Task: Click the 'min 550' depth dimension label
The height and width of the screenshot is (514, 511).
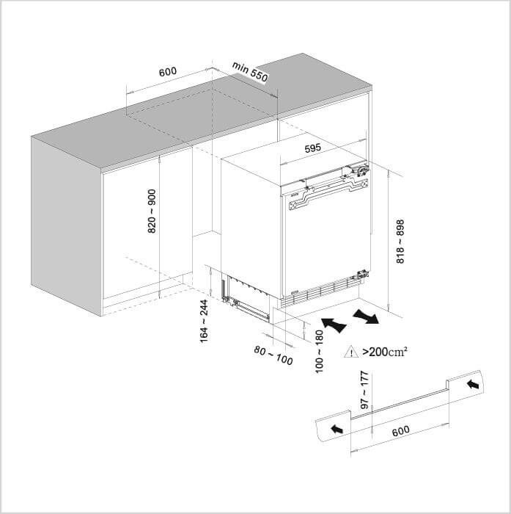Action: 250,72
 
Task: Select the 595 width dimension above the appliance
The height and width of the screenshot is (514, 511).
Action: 312,148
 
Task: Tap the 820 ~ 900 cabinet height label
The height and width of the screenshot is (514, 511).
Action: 152,211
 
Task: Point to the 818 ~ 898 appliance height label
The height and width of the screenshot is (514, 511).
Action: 400,242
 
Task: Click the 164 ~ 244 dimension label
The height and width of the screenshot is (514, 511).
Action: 204,322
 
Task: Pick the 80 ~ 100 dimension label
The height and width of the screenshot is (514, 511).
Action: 273,355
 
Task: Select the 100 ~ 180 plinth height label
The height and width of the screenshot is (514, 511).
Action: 319,352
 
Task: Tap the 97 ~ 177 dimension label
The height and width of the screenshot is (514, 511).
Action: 364,390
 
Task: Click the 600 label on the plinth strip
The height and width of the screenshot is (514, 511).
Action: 401,431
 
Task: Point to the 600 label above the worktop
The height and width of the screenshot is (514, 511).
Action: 168,71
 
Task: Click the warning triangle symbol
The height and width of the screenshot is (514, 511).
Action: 351,352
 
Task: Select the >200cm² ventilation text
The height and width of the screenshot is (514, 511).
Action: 385,352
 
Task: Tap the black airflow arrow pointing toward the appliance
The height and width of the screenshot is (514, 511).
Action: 334,325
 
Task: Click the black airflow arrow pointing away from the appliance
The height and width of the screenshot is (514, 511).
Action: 366,316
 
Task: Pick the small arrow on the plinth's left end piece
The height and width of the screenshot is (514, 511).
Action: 337,429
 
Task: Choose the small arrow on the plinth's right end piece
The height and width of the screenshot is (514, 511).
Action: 473,384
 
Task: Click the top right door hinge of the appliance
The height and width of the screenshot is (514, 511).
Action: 361,171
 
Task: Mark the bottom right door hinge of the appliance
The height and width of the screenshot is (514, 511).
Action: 362,274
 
